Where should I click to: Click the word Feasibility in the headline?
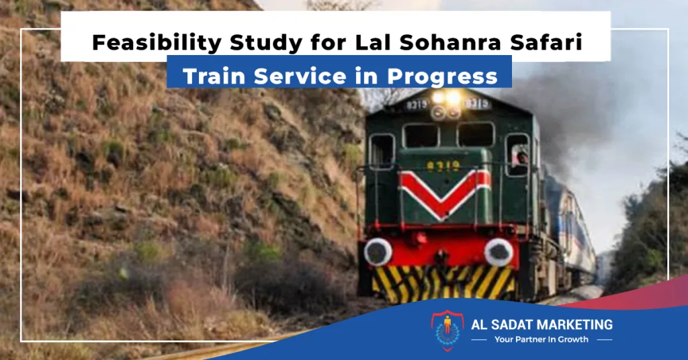coord(157,43)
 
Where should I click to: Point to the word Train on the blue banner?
coord(214,76)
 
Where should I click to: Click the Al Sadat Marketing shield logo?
coord(447,330)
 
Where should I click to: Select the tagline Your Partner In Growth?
coord(542,339)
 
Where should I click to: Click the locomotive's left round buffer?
coord(378,252)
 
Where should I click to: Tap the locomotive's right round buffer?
coord(499,252)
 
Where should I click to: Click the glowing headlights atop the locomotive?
coord(446,97)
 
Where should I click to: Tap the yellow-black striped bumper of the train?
coord(443,283)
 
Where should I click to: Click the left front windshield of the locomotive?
coord(421,135)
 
